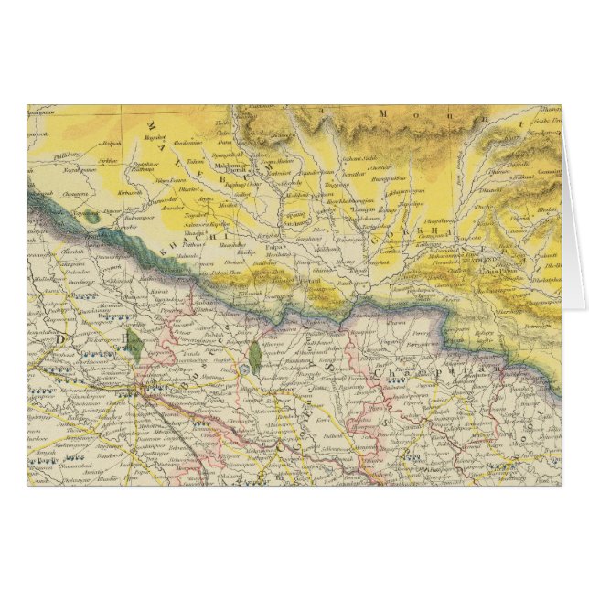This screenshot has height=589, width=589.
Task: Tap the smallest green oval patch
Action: [x=94, y=218]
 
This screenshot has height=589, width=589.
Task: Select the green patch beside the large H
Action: [x=134, y=343]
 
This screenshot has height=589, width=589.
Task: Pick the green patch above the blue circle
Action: [x=253, y=353]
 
